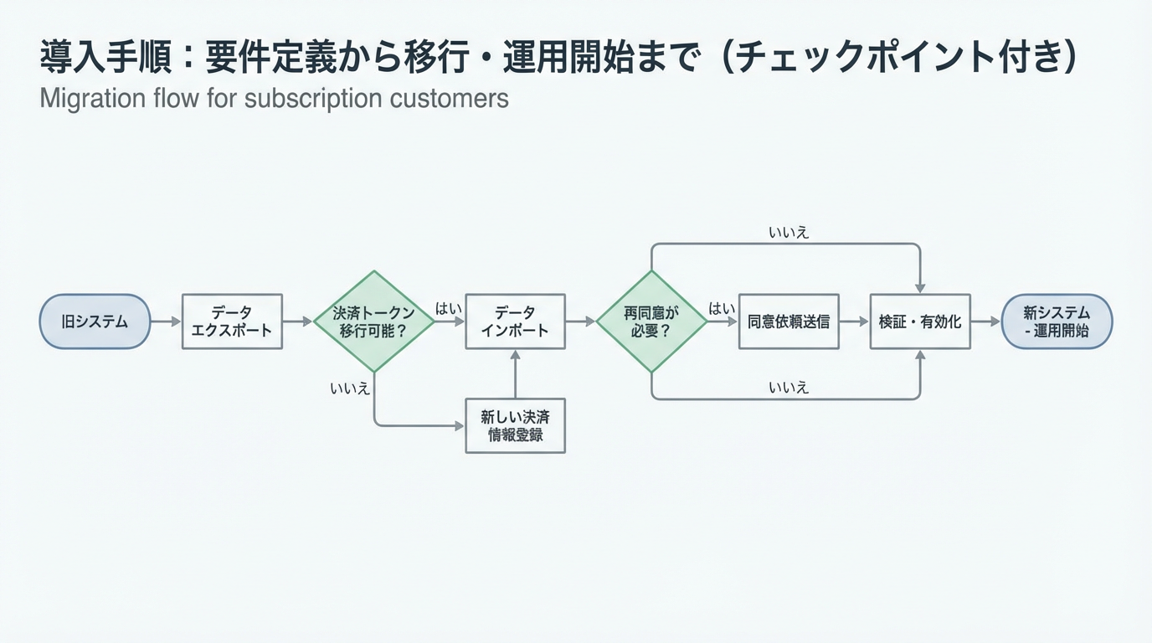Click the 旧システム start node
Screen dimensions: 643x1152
(x=95, y=321)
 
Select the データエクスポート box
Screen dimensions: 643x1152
(x=232, y=321)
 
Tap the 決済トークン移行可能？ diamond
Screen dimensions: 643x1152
(x=373, y=321)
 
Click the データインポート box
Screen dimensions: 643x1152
(x=515, y=321)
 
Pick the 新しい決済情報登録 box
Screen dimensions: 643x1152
(x=515, y=425)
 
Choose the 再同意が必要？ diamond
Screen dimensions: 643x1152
(x=651, y=321)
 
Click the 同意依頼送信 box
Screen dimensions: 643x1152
(x=789, y=321)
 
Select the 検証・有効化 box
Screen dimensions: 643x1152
(x=920, y=321)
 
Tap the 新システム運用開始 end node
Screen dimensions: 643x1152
(x=1057, y=321)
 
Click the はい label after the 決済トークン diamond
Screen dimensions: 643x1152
(x=449, y=309)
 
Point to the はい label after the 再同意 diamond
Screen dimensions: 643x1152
(x=722, y=309)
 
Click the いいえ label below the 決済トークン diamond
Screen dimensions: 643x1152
(x=350, y=388)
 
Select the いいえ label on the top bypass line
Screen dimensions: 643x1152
(x=789, y=232)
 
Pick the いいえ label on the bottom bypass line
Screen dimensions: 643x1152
(x=789, y=387)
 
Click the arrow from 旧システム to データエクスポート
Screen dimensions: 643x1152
(x=166, y=321)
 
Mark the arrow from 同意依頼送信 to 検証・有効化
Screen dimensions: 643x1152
(x=854, y=321)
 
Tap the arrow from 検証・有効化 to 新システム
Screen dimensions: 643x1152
(x=986, y=321)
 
